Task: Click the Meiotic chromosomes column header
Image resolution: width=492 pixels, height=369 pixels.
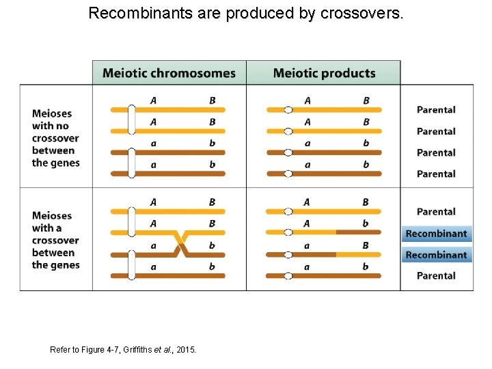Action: (169, 73)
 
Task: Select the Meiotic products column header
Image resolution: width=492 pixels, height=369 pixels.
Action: (324, 73)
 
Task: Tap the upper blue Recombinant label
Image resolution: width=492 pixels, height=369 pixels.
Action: (436, 234)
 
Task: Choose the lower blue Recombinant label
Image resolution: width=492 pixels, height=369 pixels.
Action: (436, 255)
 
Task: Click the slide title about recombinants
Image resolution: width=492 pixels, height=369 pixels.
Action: (246, 13)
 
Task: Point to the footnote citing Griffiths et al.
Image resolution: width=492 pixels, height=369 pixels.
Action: (123, 349)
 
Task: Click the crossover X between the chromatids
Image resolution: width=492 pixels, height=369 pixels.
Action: (182, 243)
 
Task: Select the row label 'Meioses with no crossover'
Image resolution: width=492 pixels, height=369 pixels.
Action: (55, 138)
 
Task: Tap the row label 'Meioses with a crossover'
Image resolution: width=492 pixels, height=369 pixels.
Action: (55, 240)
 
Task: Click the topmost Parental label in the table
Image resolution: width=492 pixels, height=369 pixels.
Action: (436, 109)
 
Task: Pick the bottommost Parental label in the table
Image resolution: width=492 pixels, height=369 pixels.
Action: (436, 275)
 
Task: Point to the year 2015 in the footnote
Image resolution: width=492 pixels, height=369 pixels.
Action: (186, 349)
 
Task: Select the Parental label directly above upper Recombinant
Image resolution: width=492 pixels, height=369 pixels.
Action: (436, 212)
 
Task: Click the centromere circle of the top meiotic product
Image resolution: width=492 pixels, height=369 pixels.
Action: (288, 109)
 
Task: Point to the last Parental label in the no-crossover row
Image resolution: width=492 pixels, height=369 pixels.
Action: (436, 174)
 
